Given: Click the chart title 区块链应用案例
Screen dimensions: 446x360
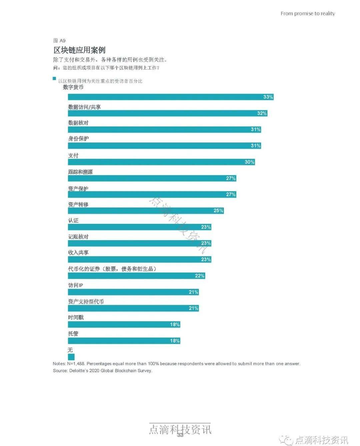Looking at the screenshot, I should coord(79,50).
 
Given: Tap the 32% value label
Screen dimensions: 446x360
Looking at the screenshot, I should coord(262,113).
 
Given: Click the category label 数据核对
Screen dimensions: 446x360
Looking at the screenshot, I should coord(78,123).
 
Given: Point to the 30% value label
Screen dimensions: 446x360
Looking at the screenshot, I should coord(249,162).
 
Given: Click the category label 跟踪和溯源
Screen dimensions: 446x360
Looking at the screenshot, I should coord(80,172).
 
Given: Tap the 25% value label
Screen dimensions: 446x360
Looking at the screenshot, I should coord(218,211).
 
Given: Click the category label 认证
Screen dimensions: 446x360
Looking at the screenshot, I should coord(73,220).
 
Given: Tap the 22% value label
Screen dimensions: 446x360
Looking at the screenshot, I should coord(200,276).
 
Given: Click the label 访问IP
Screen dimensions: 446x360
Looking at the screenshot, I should coord(76,285).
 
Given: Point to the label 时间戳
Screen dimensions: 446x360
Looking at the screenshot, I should coord(76,318).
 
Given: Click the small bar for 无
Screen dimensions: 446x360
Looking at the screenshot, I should coord(71,357).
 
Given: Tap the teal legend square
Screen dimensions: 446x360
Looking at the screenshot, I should coord(54,79).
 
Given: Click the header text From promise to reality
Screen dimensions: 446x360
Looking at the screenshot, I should coord(308,14).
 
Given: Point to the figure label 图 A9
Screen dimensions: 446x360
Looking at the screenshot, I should coord(59,41).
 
